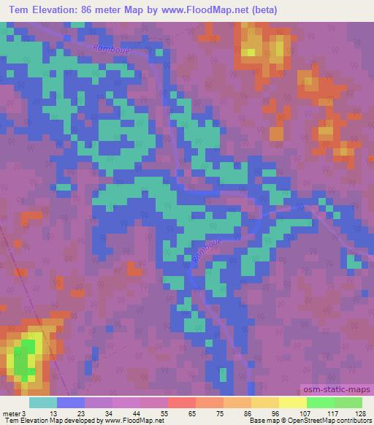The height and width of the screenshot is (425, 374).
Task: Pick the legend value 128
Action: tap(359, 413)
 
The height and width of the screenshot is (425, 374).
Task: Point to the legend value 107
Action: tap(312, 413)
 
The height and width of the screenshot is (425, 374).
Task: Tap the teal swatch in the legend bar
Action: tap(42, 402)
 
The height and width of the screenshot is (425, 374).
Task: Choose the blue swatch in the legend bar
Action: tap(70, 402)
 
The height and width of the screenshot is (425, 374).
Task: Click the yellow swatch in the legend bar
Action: tap(292, 402)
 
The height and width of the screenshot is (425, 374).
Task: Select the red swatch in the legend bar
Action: tap(181, 402)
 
